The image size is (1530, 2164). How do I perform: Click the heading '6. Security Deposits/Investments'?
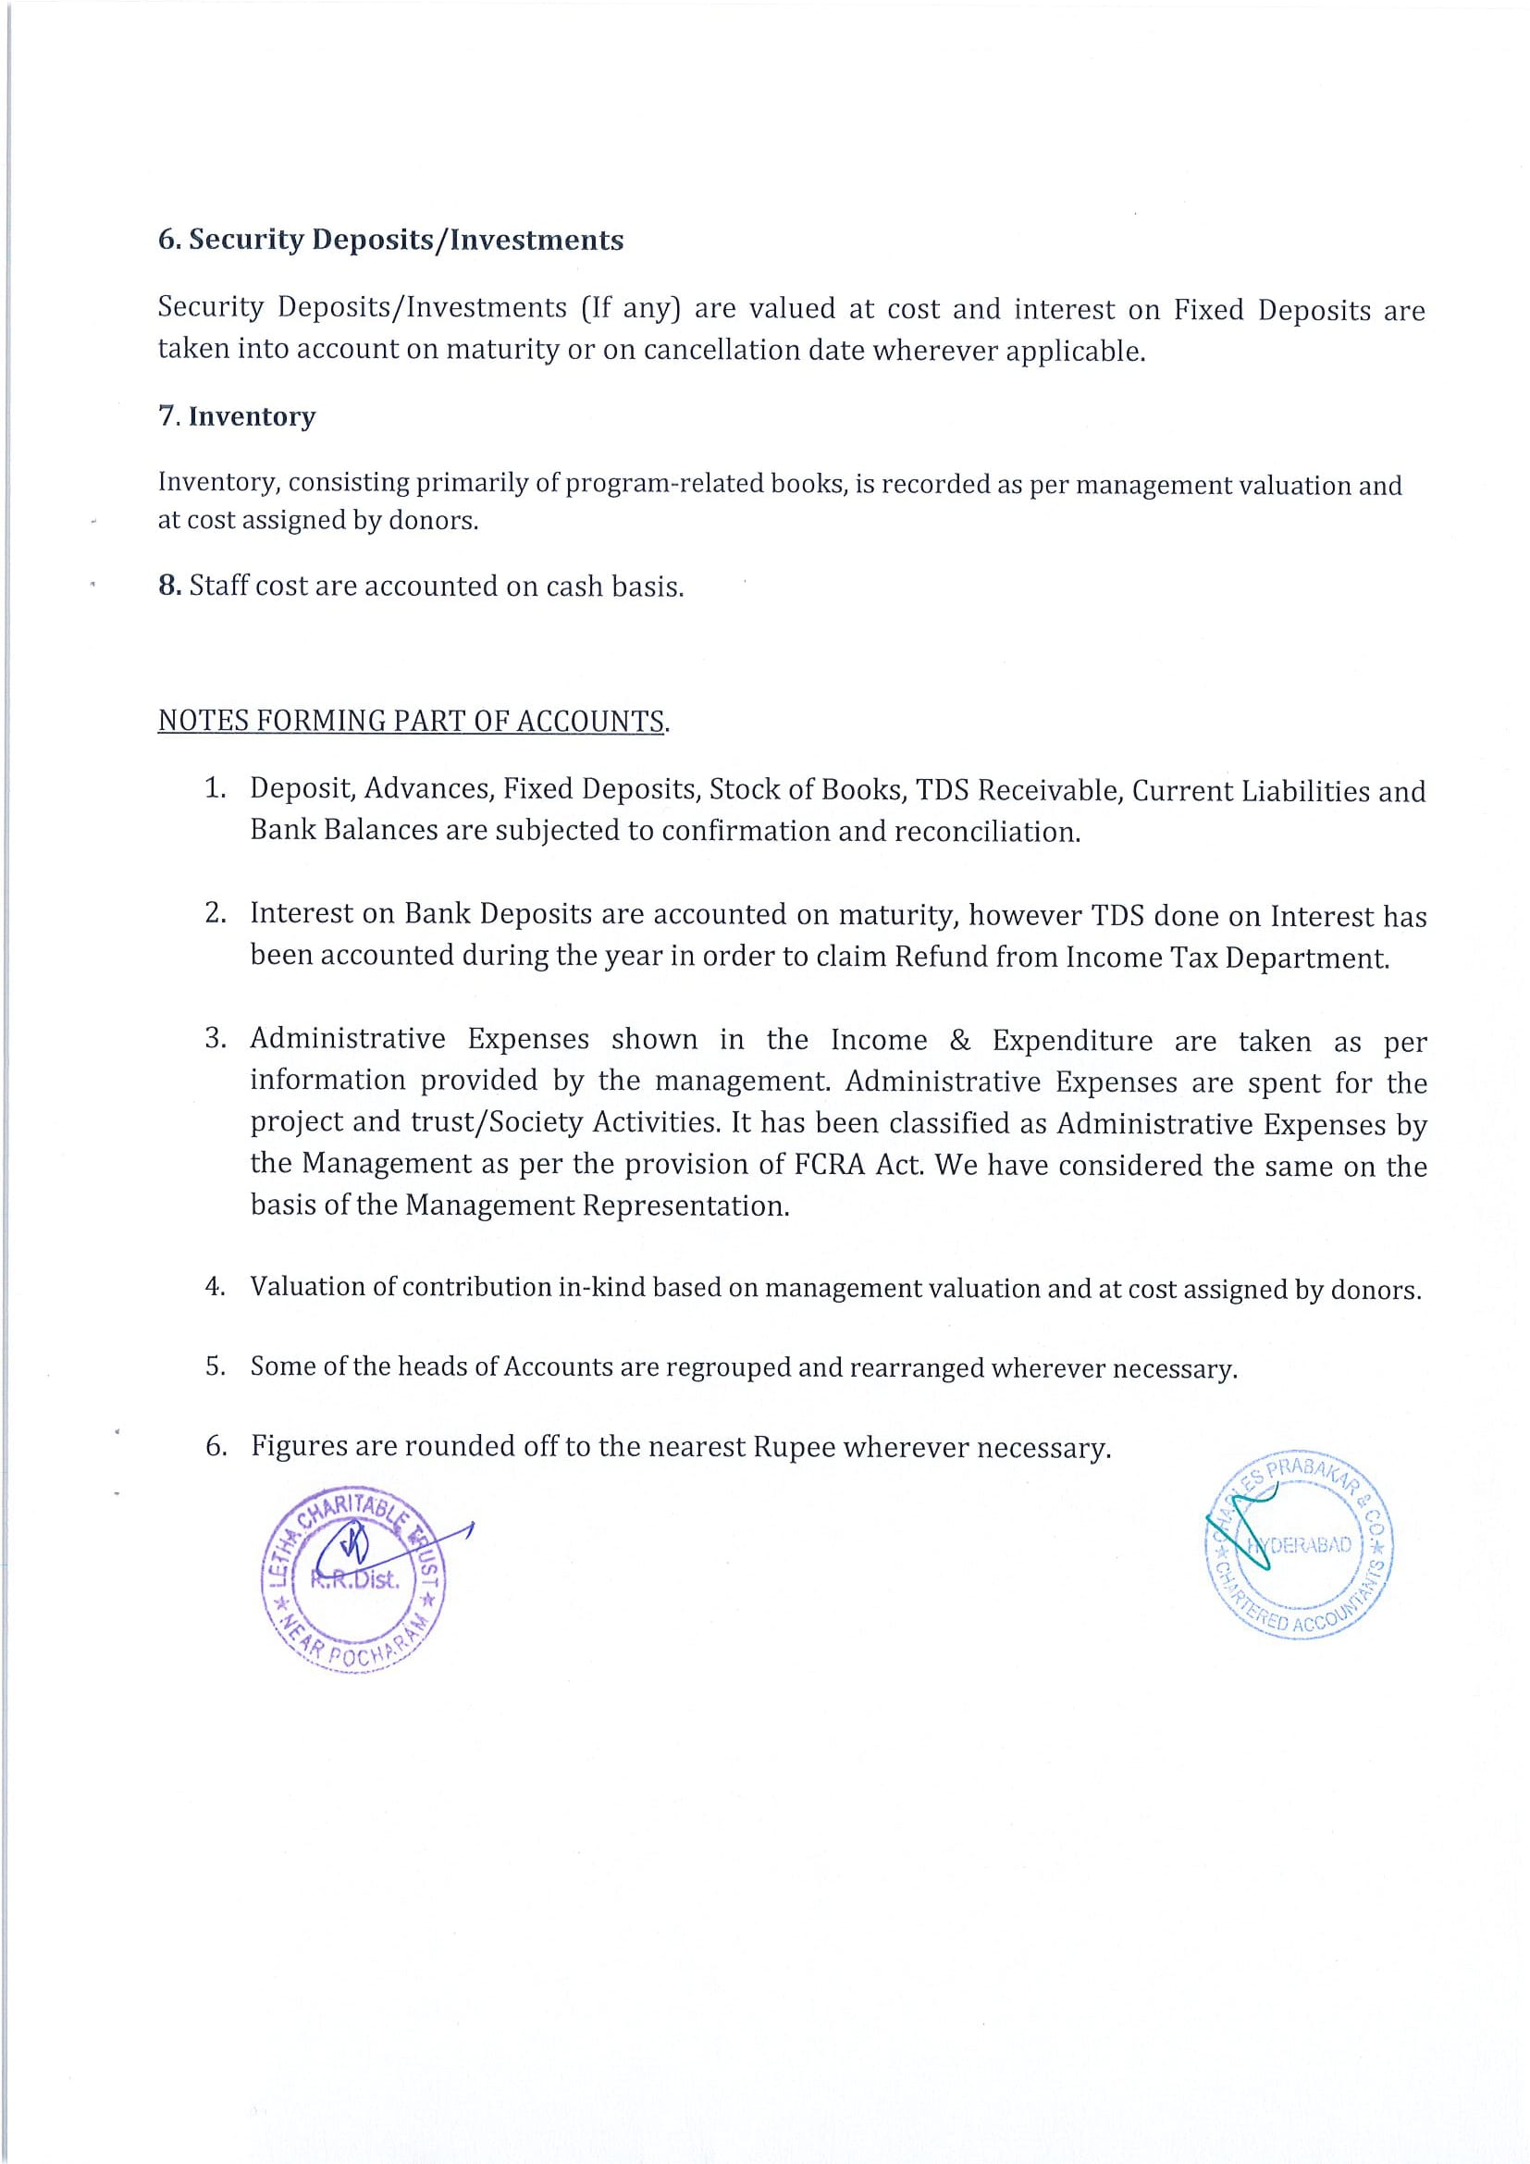[x=390, y=241]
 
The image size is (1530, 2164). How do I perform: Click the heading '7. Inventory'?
[x=237, y=416]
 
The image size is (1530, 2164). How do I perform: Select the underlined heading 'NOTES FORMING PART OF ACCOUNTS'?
[x=412, y=721]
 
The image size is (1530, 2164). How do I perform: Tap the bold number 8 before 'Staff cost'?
[x=168, y=586]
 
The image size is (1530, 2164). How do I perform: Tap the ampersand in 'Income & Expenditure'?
[x=960, y=1041]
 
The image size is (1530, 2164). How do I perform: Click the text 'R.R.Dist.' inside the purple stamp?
[x=355, y=1580]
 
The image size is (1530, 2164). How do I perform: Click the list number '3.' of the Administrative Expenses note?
[x=216, y=1039]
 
